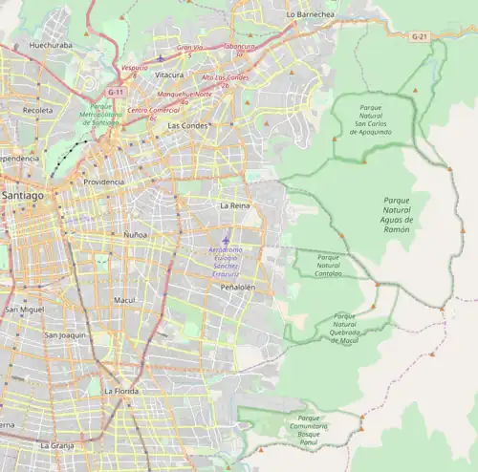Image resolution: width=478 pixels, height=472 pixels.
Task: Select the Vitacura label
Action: (169, 75)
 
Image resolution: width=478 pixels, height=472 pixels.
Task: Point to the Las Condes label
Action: (186, 125)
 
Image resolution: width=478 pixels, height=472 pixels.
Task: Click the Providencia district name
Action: (103, 182)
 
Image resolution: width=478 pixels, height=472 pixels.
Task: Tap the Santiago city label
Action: (22, 195)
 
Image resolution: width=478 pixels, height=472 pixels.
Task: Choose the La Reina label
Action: (234, 205)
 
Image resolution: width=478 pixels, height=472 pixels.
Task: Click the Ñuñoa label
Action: (136, 234)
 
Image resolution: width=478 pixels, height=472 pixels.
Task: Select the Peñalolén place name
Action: (238, 287)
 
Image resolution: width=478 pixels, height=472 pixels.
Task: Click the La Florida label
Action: (121, 391)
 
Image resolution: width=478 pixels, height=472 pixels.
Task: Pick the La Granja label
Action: (56, 445)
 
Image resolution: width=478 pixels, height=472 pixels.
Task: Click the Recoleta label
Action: (37, 111)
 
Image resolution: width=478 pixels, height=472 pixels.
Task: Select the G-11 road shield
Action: (117, 92)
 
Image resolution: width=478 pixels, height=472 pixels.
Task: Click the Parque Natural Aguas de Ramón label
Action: (396, 216)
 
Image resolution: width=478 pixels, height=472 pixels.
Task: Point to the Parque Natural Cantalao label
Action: (329, 265)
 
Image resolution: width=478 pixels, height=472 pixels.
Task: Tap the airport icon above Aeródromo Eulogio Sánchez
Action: (226, 240)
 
